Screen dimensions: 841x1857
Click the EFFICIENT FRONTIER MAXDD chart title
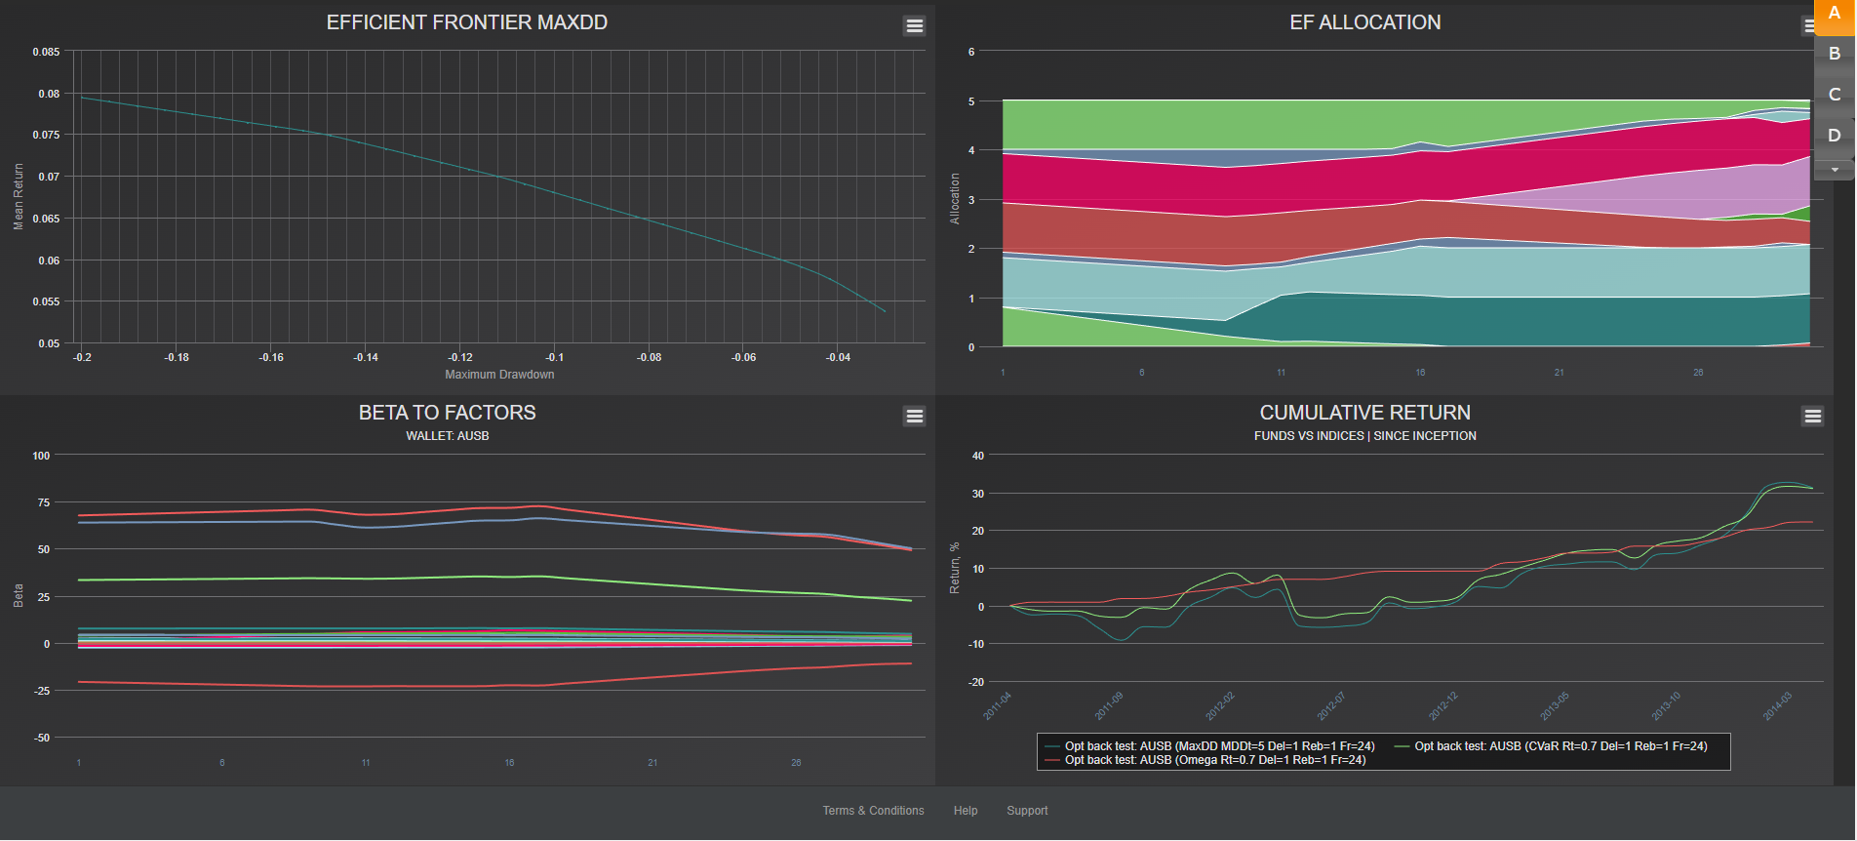[466, 22]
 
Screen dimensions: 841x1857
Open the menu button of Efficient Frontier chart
[914, 26]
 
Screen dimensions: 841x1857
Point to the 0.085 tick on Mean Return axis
[46, 52]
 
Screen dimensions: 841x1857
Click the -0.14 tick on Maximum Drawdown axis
[366, 358]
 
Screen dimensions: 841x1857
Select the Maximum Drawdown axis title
[499, 375]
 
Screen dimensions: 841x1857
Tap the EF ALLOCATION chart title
[1364, 22]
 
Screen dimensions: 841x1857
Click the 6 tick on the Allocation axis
[971, 52]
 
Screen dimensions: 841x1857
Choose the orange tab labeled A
[1834, 14]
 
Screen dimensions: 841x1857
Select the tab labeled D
[1834, 136]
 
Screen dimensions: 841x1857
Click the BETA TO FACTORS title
[447, 413]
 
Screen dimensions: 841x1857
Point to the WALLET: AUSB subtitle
[447, 436]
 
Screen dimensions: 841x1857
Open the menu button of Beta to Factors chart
[914, 417]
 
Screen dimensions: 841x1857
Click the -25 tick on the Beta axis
[42, 691]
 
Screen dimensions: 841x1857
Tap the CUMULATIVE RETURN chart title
[1364, 413]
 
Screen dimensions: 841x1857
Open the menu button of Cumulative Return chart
[1812, 417]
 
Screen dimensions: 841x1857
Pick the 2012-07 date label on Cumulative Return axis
[1331, 705]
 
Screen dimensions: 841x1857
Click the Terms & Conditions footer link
[873, 811]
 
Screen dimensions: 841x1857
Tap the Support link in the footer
[1027, 811]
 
